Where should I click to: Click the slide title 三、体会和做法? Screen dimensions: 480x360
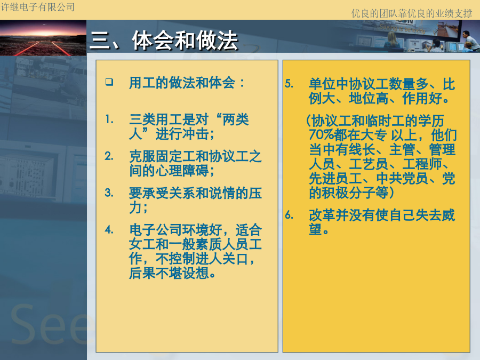[164, 41]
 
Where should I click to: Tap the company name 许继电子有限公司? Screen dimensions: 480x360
[37, 7]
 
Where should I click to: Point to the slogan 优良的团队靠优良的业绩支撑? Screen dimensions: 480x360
[412, 13]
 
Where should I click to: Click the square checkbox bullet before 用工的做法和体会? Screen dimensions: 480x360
[109, 82]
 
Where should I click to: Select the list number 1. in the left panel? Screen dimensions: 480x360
[109, 119]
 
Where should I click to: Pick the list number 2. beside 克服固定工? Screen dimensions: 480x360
[109, 156]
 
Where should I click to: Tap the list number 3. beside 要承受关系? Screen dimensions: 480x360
[109, 193]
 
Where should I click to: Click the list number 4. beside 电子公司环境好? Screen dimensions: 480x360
[109, 229]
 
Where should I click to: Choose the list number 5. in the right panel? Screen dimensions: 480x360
[289, 84]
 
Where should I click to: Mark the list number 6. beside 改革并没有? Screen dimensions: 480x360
[289, 215]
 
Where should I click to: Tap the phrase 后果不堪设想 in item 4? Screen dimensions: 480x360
[169, 273]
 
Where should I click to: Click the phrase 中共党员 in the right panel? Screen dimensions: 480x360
[402, 178]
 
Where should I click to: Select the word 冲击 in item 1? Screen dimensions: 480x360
[195, 134]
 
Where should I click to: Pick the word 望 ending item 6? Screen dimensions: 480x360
[315, 229]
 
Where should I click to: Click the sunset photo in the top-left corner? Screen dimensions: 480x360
[43, 38]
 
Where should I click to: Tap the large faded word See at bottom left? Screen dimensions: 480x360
[49, 324]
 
